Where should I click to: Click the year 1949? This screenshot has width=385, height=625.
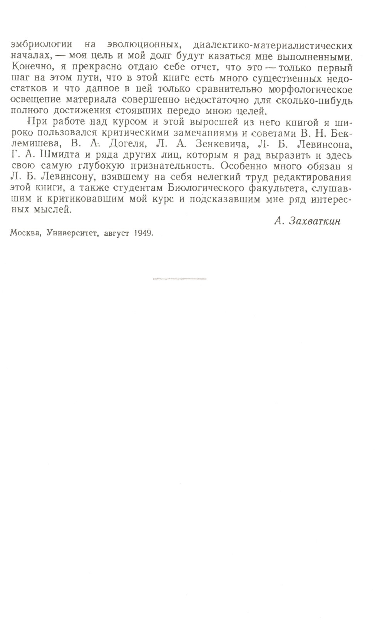pos(143,233)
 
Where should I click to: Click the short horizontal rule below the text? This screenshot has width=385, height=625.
pos(179,278)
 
